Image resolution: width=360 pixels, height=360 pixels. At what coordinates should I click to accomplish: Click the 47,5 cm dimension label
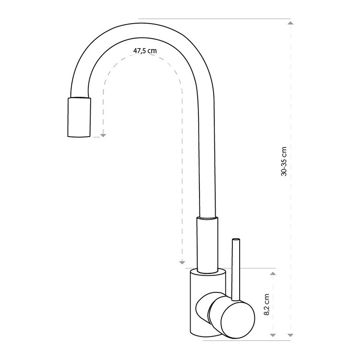pos(145,51)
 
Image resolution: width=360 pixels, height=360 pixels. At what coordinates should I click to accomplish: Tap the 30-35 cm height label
pos(284,161)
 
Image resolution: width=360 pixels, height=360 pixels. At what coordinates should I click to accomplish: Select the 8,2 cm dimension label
pos(267,304)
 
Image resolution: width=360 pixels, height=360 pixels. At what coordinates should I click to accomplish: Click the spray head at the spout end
pos(79,118)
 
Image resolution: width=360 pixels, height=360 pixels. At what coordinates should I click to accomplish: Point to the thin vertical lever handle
pos(236,270)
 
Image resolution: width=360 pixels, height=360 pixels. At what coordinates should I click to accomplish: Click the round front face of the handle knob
pos(238,319)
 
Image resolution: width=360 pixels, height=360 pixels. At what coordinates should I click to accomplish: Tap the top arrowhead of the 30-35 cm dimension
pos(291,23)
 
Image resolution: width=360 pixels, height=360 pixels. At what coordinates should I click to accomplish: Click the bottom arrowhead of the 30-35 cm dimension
pos(291,335)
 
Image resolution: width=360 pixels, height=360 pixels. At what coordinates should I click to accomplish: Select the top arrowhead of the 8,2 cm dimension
pos(273,273)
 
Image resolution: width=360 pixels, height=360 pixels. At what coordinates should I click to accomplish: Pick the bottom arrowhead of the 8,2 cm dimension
pos(273,335)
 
